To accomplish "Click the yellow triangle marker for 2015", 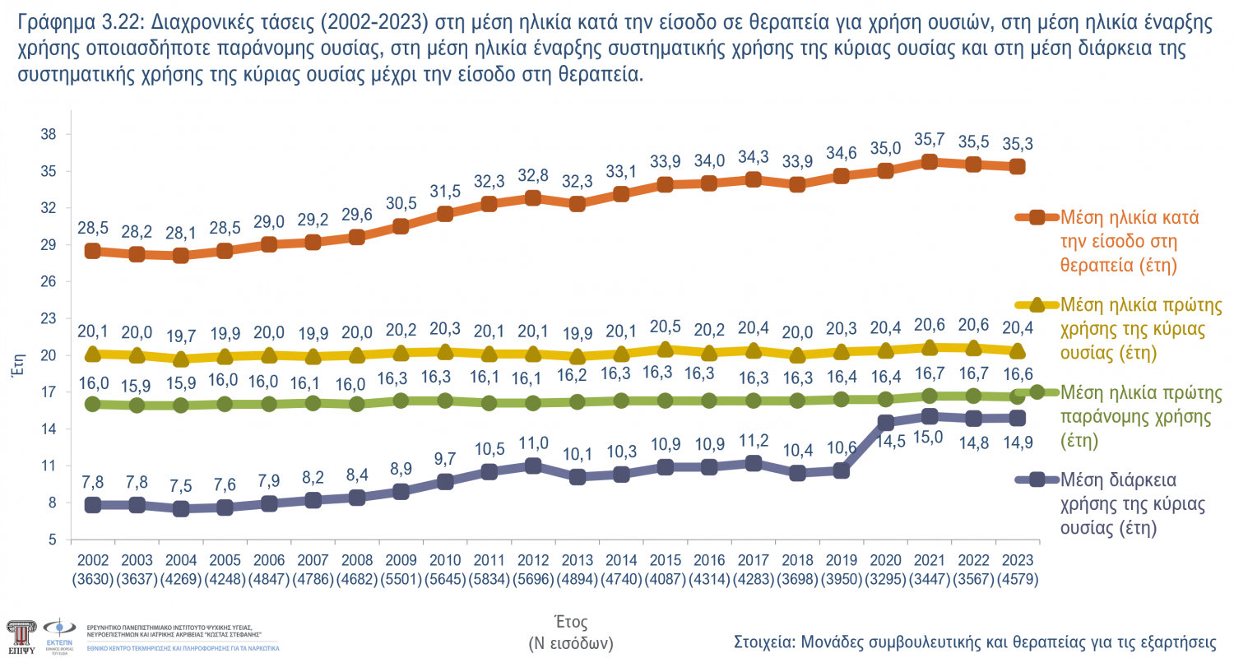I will point(665,350).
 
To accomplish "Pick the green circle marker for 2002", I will point(93,404).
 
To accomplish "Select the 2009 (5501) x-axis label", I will point(401,570).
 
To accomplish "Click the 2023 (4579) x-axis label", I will point(1017,570).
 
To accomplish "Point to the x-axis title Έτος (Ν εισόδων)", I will point(570,631).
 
